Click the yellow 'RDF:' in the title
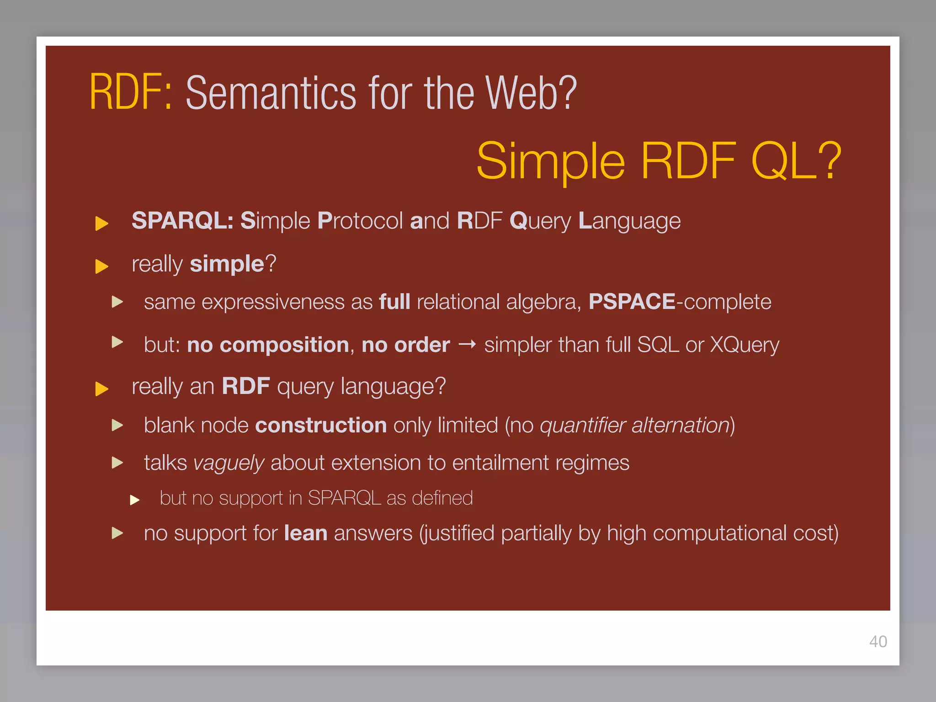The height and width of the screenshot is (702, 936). [x=130, y=93]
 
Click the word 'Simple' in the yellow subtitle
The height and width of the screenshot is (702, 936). [x=550, y=161]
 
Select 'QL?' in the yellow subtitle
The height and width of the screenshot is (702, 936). [x=796, y=161]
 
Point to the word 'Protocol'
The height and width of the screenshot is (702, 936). [x=360, y=221]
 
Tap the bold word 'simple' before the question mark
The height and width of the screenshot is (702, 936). [x=227, y=264]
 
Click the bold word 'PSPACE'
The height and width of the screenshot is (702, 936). [x=632, y=302]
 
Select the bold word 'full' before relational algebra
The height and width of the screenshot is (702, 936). [x=394, y=302]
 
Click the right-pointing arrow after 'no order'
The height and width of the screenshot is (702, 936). [x=467, y=344]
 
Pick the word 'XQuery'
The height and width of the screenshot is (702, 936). [x=744, y=345]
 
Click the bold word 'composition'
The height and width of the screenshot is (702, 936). [x=284, y=345]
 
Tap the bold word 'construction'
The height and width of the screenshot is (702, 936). [x=321, y=425]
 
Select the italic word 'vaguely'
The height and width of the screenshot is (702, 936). [x=229, y=463]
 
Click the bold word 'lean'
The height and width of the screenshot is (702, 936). [x=305, y=533]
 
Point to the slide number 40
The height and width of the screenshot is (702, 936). [x=878, y=641]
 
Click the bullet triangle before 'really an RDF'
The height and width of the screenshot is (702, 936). [x=101, y=389]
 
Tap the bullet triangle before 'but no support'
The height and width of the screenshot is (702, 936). [x=134, y=500]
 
